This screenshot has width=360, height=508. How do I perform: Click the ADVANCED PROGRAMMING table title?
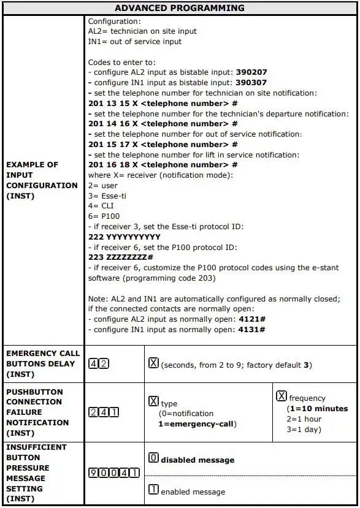(x=179, y=8)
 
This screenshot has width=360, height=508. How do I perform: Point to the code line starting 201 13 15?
(x=163, y=103)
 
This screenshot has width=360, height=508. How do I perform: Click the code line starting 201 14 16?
(x=163, y=124)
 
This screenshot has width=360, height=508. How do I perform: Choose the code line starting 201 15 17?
(x=163, y=145)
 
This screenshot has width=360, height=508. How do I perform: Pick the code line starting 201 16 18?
(x=163, y=165)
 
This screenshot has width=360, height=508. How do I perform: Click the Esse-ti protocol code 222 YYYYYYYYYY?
(x=124, y=237)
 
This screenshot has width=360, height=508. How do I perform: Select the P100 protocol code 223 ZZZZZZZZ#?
(x=121, y=257)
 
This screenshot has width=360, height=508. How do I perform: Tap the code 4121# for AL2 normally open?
(x=251, y=319)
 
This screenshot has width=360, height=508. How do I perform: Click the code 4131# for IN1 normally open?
(x=251, y=330)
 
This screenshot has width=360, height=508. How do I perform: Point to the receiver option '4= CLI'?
(x=101, y=206)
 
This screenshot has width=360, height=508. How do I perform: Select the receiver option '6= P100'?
(x=104, y=216)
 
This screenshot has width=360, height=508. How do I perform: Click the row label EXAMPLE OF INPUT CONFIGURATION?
(x=42, y=180)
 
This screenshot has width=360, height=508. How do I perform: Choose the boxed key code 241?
(x=104, y=412)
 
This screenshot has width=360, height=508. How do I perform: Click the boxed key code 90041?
(x=113, y=473)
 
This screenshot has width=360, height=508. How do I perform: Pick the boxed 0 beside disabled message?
(x=154, y=458)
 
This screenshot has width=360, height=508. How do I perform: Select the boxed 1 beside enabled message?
(x=154, y=490)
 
